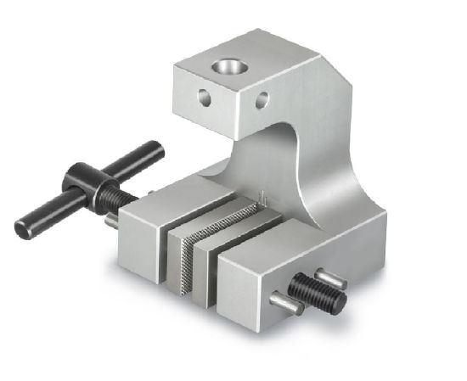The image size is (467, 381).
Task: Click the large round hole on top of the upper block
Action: tap(229, 66)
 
